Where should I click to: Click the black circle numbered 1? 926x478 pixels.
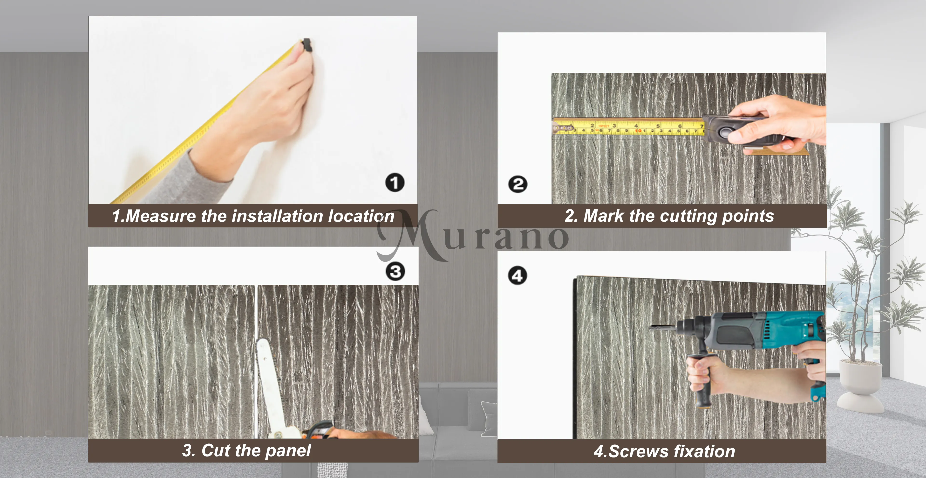(395, 183)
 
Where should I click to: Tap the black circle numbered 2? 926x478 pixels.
(518, 184)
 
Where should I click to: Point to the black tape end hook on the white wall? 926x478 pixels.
(307, 45)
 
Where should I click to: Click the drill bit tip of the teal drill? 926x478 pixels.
(651, 327)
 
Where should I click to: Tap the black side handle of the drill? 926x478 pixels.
(702, 380)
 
